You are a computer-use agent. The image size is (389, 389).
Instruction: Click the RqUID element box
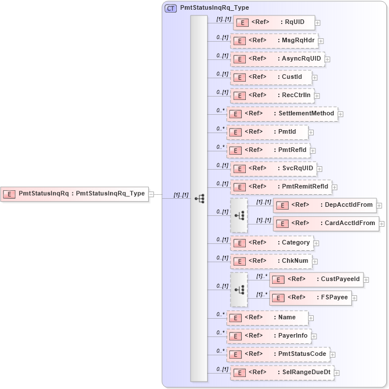tap(273, 23)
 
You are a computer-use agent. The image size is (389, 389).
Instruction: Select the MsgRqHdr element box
tap(274, 41)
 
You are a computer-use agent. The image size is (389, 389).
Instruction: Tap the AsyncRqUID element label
tap(301, 59)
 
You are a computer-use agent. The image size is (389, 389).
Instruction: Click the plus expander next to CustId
tap(314, 77)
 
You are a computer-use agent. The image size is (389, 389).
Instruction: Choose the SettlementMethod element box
tap(282, 114)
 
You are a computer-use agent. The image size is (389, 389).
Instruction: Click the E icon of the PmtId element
tap(236, 133)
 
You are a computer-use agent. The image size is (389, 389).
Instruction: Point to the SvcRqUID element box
tap(273, 169)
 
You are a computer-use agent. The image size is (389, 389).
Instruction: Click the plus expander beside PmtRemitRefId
tap(335, 187)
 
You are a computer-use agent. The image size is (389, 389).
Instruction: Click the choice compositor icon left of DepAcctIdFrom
tap(239, 215)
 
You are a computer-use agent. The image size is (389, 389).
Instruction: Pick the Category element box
tap(272, 243)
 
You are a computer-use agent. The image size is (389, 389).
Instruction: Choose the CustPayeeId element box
tap(316, 279)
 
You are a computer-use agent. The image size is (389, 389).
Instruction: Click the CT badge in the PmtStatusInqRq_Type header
tap(171, 9)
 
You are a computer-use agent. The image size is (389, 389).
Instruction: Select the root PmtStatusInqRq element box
tap(74, 194)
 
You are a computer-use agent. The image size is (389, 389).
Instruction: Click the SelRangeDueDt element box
tap(282, 372)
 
